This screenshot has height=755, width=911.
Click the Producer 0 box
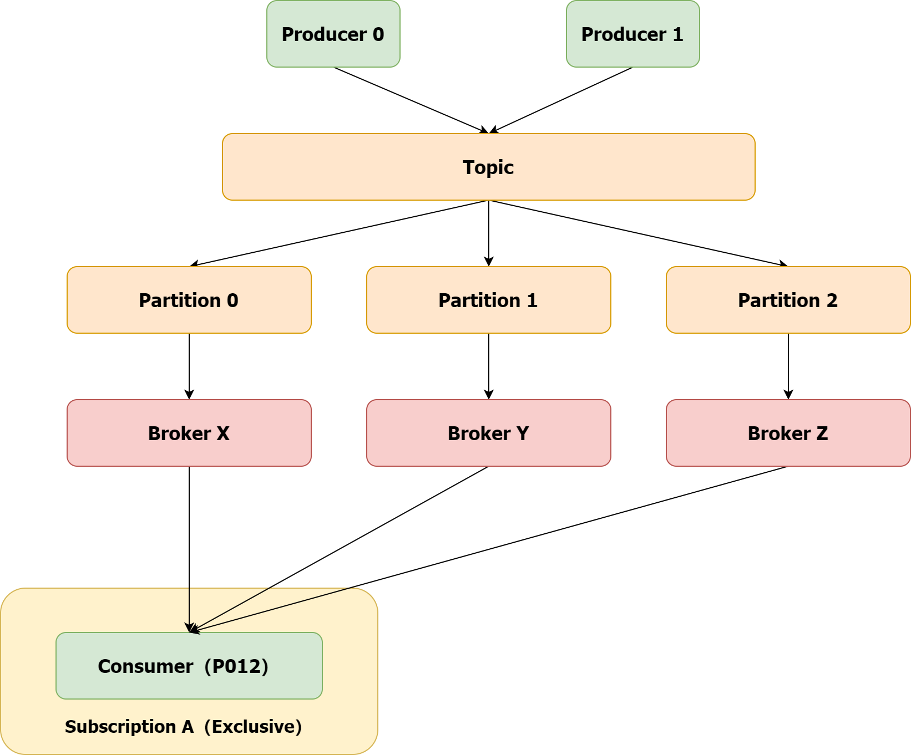pyautogui.click(x=333, y=34)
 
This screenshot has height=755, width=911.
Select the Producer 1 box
pyautogui.click(x=632, y=34)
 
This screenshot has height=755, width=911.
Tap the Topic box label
pyautogui.click(x=488, y=167)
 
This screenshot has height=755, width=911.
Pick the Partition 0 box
pyautogui.click(x=189, y=300)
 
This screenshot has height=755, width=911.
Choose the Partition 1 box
pyautogui.click(x=488, y=300)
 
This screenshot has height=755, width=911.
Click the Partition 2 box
pyautogui.click(x=788, y=300)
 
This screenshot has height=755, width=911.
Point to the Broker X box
pyautogui.click(x=189, y=433)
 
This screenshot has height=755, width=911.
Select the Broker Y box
pyautogui.click(x=488, y=433)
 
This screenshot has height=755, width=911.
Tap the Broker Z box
pyautogui.click(x=788, y=433)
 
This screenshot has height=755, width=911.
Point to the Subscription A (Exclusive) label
pyautogui.click(x=183, y=727)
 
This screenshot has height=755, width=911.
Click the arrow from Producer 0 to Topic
pyautogui.click(x=411, y=100)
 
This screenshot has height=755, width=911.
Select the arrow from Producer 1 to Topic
pyautogui.click(x=560, y=100)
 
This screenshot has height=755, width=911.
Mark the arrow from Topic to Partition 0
pyautogui.click(x=338, y=233)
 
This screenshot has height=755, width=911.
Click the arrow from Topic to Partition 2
pyautogui.click(x=638, y=233)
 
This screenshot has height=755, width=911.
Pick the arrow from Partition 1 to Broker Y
pyautogui.click(x=489, y=366)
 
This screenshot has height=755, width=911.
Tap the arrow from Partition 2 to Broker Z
pyautogui.click(x=788, y=366)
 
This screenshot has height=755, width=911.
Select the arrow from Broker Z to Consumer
pyautogui.click(x=488, y=549)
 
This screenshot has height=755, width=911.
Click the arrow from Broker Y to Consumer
pyautogui.click(x=338, y=549)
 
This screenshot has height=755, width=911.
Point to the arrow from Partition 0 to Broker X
pyautogui.click(x=189, y=366)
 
